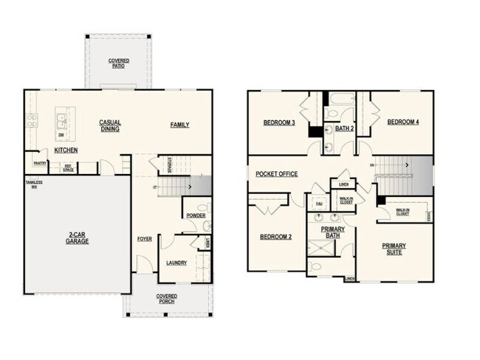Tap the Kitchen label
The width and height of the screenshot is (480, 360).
click(66, 150)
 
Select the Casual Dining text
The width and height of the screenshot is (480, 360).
click(110, 125)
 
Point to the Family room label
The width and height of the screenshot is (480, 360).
click(179, 125)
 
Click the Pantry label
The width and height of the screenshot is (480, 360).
click(41, 163)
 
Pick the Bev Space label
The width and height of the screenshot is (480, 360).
click(68, 167)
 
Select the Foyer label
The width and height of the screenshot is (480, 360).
click(144, 239)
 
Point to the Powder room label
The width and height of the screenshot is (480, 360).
click(196, 216)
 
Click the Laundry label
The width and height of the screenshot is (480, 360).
click(176, 263)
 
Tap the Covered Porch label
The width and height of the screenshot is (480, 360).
click(165, 298)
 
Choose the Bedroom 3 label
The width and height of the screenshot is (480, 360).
click(279, 122)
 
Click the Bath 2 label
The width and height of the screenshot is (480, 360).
click(345, 128)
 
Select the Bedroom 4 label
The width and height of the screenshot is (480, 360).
click(403, 122)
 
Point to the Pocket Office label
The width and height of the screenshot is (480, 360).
click(276, 174)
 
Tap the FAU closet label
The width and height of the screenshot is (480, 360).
click(319, 203)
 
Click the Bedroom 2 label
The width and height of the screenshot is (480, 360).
click(275, 237)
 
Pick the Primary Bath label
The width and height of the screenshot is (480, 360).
click(332, 232)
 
